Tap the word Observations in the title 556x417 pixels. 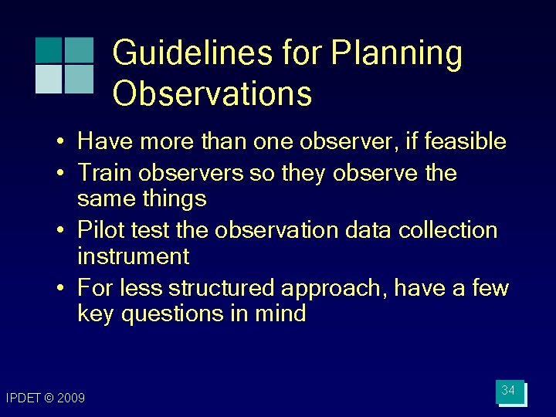[x=212, y=93]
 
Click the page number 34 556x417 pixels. [x=508, y=392]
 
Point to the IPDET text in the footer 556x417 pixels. [x=22, y=398]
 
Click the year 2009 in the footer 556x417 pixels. [x=71, y=398]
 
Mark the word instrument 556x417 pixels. [x=133, y=256]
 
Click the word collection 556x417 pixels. [x=453, y=230]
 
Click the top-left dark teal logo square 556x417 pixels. [x=48, y=49]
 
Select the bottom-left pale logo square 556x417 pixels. [x=48, y=79]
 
